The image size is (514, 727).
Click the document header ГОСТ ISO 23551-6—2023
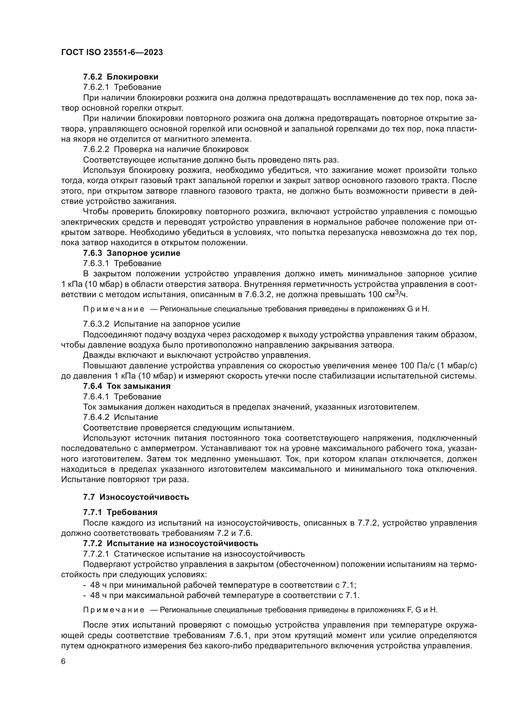[112, 52]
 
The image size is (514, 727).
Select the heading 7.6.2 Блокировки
[121, 77]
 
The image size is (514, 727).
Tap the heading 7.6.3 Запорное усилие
[132, 253]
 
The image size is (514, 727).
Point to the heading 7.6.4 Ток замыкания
[126, 386]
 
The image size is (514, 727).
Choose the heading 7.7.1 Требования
[120, 512]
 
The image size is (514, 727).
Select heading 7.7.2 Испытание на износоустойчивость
[171, 543]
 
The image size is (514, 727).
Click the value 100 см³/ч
[388, 294]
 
